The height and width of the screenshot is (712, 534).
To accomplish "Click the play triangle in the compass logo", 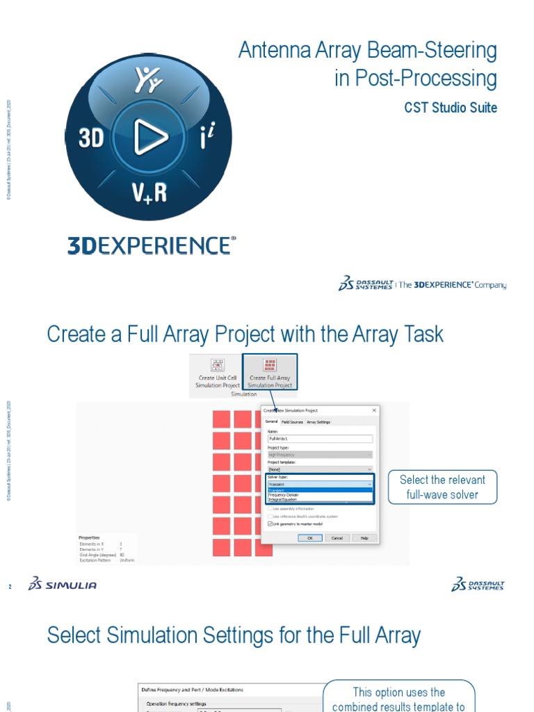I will coord(148,138).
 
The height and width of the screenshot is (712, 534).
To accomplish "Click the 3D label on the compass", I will coord(91,139).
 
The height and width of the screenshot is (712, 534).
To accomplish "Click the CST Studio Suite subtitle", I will coord(451,108).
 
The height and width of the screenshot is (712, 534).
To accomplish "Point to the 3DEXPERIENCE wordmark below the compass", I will coord(152,245).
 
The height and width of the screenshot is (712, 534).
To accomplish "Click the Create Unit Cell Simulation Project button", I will coord(218,374).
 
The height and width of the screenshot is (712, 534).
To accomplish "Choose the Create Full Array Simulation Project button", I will coord(270,374).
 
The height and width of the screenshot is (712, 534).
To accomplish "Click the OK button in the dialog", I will coord(310,537).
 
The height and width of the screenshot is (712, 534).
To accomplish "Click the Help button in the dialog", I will coord(364,537).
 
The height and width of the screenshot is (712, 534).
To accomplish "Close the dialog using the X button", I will coord(374,410).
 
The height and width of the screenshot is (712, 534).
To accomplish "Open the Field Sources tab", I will coord(292,422).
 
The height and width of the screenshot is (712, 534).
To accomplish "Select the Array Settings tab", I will coord(319,422).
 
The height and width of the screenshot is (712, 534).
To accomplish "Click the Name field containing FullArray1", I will coord(320,439).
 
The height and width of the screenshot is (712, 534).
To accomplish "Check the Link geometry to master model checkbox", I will coord(270,524).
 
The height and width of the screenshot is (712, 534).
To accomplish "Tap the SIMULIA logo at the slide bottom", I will coord(63,585).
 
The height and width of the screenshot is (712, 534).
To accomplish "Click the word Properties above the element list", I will coord(89,537).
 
